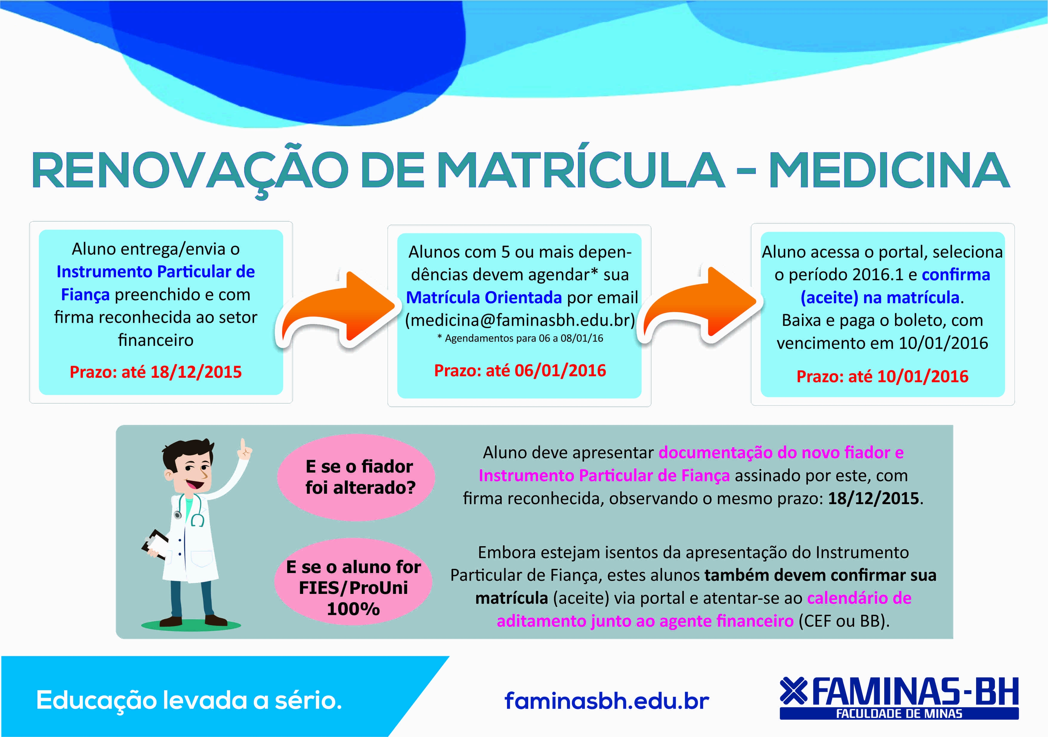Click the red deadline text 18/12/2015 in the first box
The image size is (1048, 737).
[196, 372]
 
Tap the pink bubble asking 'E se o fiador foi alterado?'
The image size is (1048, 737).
[356, 477]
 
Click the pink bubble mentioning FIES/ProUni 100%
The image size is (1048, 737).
[353, 582]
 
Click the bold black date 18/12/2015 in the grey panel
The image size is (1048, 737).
[873, 498]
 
